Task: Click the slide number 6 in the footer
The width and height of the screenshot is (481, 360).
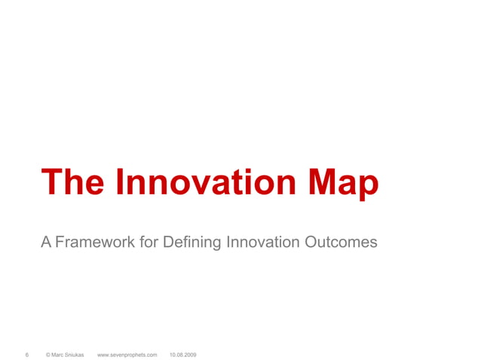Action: click(27, 353)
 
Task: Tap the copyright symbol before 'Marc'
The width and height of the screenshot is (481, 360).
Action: click(48, 353)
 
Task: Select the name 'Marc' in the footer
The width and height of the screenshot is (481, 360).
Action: click(59, 353)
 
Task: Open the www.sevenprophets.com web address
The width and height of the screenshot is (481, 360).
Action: click(127, 353)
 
